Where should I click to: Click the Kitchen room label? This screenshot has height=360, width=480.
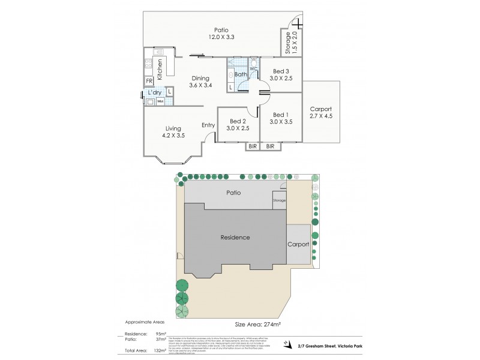coord(160,69)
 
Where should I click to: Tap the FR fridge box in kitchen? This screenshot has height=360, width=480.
coord(149,81)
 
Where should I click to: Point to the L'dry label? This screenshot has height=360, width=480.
coord(155,92)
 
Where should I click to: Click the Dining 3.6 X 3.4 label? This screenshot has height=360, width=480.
coord(200,82)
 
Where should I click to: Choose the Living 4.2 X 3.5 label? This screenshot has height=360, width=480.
coord(173,132)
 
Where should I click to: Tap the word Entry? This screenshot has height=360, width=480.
coord(208,125)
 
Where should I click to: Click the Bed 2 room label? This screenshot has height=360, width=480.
coord(238,125)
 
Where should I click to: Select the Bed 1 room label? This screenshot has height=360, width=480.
coord(281,118)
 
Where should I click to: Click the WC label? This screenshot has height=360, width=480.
coord(253,68)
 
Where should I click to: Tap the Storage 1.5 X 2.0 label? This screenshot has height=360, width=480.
coord(290,43)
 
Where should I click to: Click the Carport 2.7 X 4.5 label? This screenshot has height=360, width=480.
coord(320,112)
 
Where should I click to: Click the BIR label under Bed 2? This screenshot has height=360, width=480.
coord(252,146)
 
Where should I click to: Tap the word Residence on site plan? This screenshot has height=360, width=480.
coord(234,237)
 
